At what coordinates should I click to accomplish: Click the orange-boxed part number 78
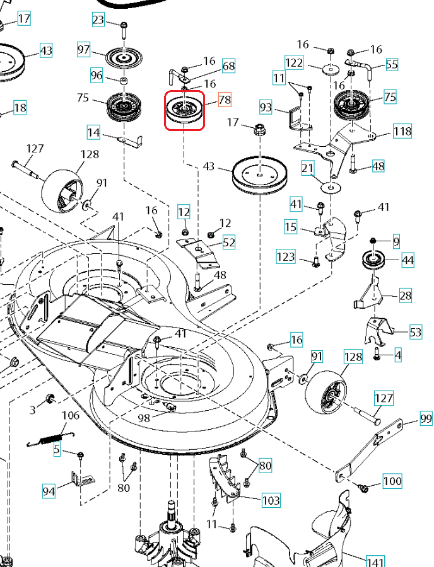(x=225, y=100)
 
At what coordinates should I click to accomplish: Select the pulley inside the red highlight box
(x=184, y=111)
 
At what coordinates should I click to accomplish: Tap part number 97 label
(x=85, y=50)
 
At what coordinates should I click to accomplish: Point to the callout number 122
(x=295, y=63)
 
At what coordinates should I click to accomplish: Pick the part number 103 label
(x=271, y=501)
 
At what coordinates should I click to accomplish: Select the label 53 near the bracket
(x=416, y=332)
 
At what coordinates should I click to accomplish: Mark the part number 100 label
(x=392, y=481)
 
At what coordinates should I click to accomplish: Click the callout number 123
(x=286, y=256)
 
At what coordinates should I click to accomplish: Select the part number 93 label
(x=266, y=108)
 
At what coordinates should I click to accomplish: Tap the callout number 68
(x=228, y=66)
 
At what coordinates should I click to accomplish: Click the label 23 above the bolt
(x=98, y=20)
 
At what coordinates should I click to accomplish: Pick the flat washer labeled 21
(x=328, y=187)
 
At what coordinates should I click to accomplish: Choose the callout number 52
(x=228, y=242)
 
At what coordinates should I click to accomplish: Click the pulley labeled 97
(x=122, y=57)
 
